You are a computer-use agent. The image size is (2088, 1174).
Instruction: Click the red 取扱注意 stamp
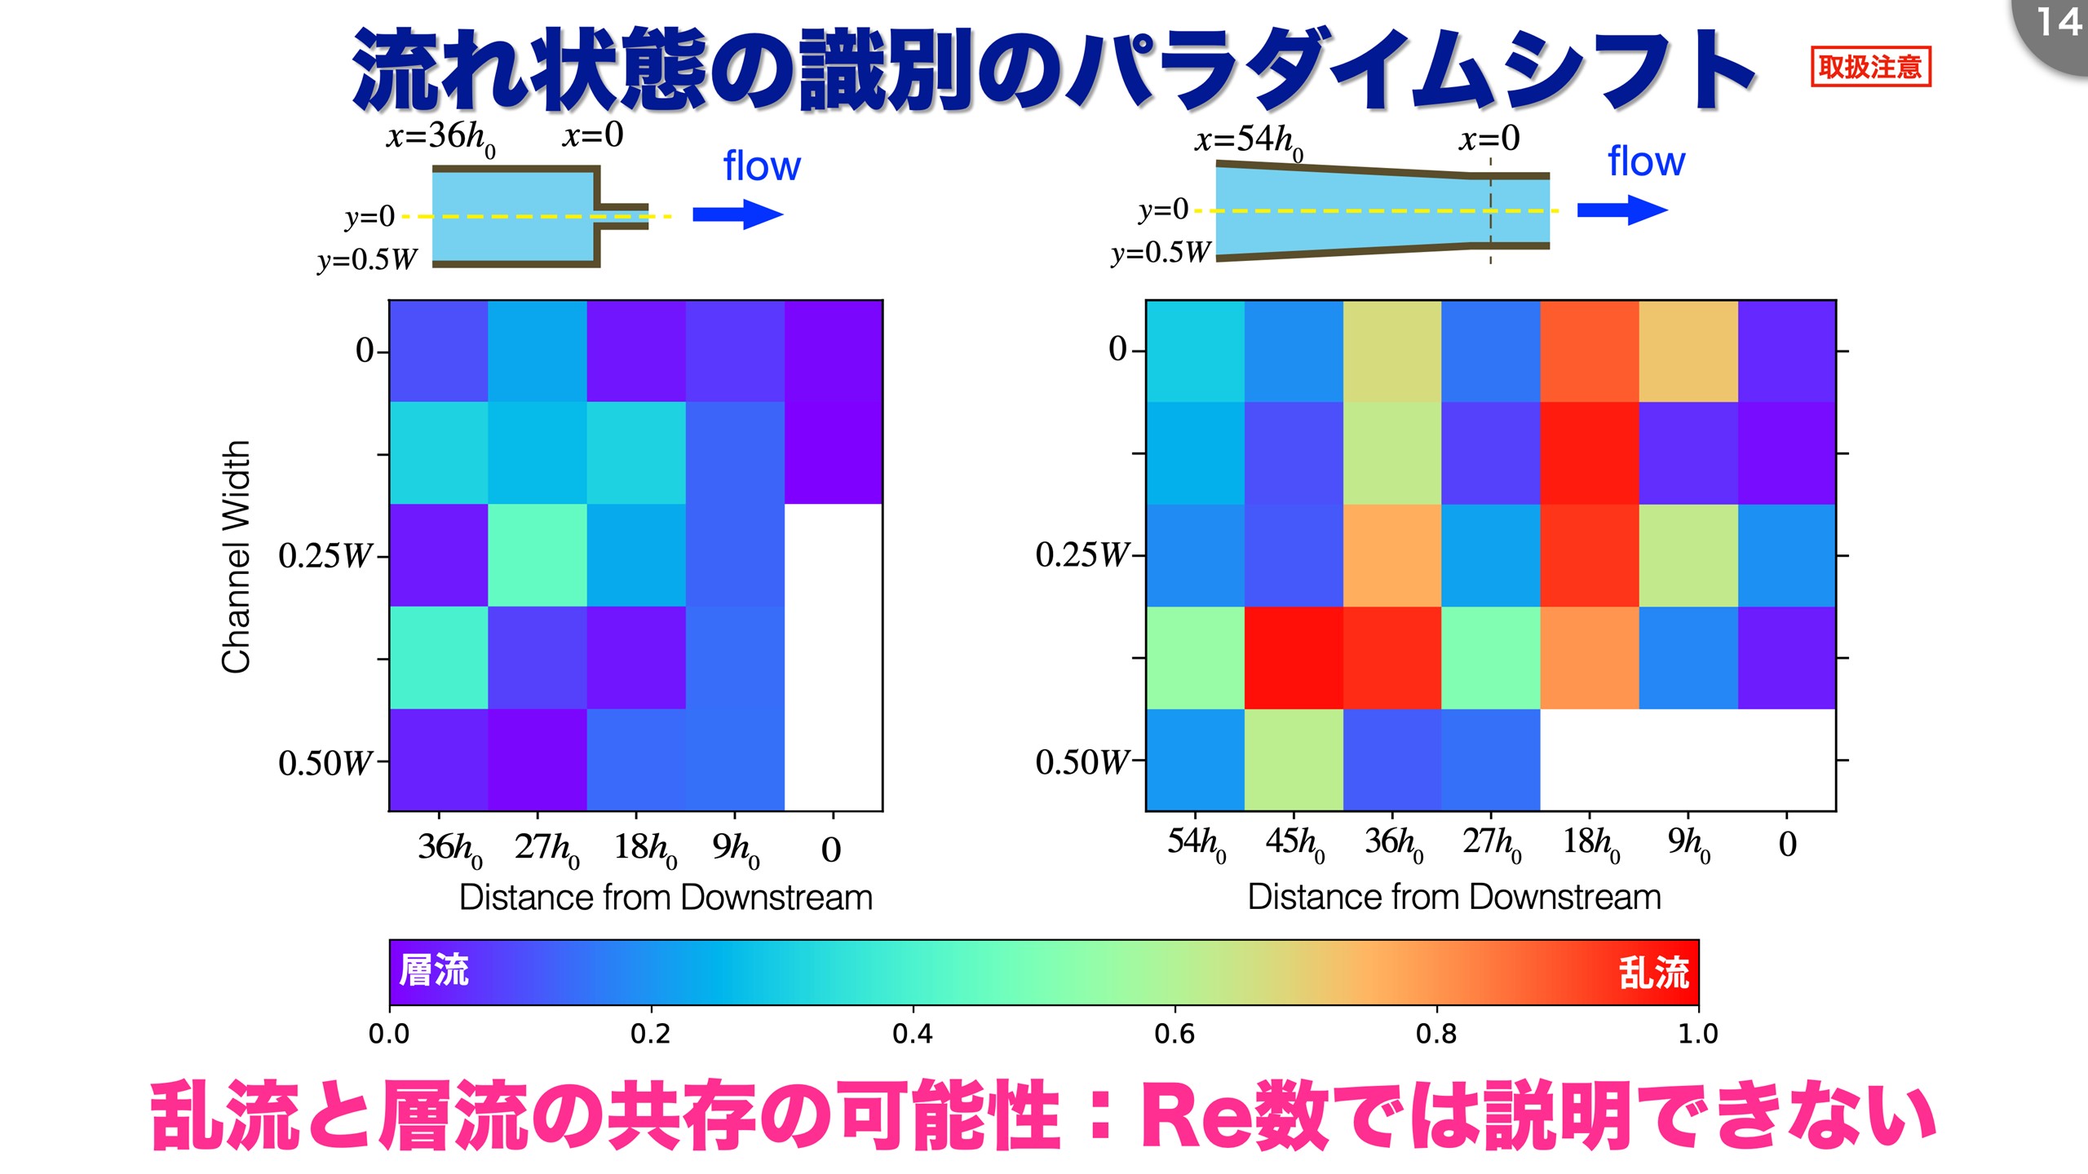[1870, 66]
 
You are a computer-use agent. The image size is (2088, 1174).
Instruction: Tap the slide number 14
[2058, 23]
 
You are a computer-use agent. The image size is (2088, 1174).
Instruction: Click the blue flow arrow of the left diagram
[737, 214]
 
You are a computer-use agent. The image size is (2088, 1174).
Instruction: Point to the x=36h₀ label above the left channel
[441, 138]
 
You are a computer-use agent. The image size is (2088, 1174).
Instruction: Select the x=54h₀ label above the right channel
[1249, 142]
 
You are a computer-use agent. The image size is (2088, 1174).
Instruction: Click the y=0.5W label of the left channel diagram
[367, 260]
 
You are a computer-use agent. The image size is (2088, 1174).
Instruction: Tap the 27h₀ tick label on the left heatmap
[546, 850]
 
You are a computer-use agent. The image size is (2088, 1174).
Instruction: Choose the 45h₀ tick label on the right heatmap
[1294, 844]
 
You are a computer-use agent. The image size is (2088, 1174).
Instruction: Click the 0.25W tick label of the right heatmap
[1082, 555]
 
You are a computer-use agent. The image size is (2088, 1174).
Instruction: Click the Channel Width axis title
[236, 557]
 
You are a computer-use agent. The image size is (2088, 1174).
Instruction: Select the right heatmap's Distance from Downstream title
[1454, 897]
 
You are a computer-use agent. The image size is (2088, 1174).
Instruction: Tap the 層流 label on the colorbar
[434, 970]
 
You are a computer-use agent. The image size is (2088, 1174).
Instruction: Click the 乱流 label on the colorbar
[1653, 973]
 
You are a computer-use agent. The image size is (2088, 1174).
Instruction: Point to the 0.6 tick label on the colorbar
[1174, 1034]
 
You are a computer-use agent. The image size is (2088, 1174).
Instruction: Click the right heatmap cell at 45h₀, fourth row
[1294, 658]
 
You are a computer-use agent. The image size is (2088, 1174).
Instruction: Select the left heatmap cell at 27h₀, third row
[537, 555]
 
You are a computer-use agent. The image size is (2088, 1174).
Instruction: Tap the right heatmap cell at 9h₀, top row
[1688, 351]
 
